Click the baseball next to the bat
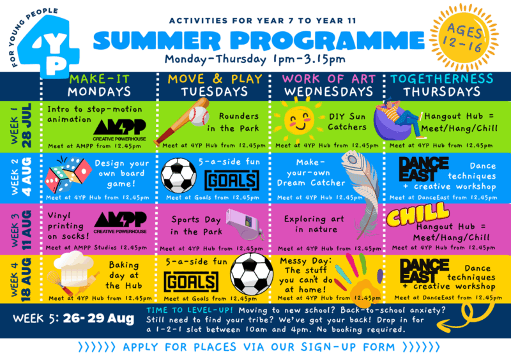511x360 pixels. [199, 116]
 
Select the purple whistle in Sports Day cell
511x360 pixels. [245, 225]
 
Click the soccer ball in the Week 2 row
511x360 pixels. [179, 175]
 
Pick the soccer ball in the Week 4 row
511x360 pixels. [252, 274]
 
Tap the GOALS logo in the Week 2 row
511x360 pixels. [232, 180]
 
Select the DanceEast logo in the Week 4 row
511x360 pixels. [424, 271]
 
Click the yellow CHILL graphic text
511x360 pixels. [418, 213]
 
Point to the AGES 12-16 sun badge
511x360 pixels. [464, 37]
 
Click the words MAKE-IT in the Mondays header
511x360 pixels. [100, 79]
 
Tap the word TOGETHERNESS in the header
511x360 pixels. [441, 79]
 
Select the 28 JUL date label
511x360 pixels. [27, 126]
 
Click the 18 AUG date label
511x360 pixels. [26, 280]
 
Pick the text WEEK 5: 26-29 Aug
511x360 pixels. [73, 319]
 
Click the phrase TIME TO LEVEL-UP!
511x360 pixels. [190, 310]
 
